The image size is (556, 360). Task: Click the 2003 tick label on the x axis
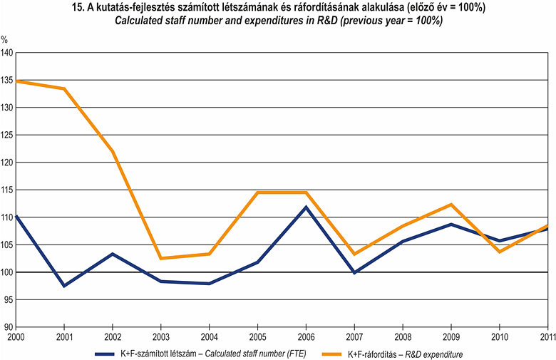coord(161,336)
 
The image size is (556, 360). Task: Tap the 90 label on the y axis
coord(9,327)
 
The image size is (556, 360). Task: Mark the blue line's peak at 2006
coord(307,207)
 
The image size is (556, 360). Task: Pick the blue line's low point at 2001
coord(65,286)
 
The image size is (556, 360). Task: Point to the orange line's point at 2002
coord(113,151)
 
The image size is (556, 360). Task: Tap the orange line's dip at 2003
coord(161,258)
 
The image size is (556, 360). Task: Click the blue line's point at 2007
coord(355,272)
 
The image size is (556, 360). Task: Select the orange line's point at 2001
coord(65,88)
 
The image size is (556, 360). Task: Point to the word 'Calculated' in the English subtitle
coord(140,21)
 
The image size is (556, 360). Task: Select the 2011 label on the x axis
coord(546,336)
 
